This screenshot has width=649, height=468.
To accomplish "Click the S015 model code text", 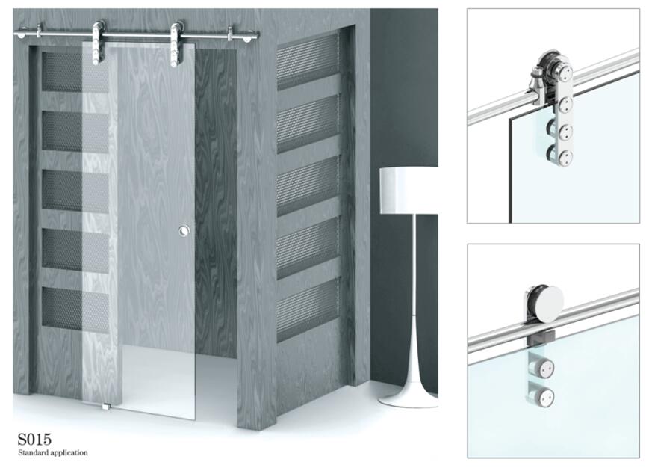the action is (34, 439).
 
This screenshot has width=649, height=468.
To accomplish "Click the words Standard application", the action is (53, 453).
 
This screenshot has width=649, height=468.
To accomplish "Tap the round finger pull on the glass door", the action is (184, 231).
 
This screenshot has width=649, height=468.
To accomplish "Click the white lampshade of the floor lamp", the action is (409, 191).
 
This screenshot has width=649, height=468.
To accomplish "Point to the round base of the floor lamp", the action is (409, 400).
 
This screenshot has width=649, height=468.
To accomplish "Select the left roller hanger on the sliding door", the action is (98, 43).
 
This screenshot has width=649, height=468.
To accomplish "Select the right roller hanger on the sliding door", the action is (177, 44).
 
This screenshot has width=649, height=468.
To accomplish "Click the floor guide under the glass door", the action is (106, 407).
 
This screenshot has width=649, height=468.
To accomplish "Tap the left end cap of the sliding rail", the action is (20, 32).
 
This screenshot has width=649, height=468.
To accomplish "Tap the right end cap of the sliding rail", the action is (248, 36).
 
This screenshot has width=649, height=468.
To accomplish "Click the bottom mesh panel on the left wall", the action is (75, 309).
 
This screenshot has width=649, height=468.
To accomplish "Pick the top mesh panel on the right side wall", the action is (308, 62).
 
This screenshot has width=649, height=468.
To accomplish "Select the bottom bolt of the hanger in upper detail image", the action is (565, 156).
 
